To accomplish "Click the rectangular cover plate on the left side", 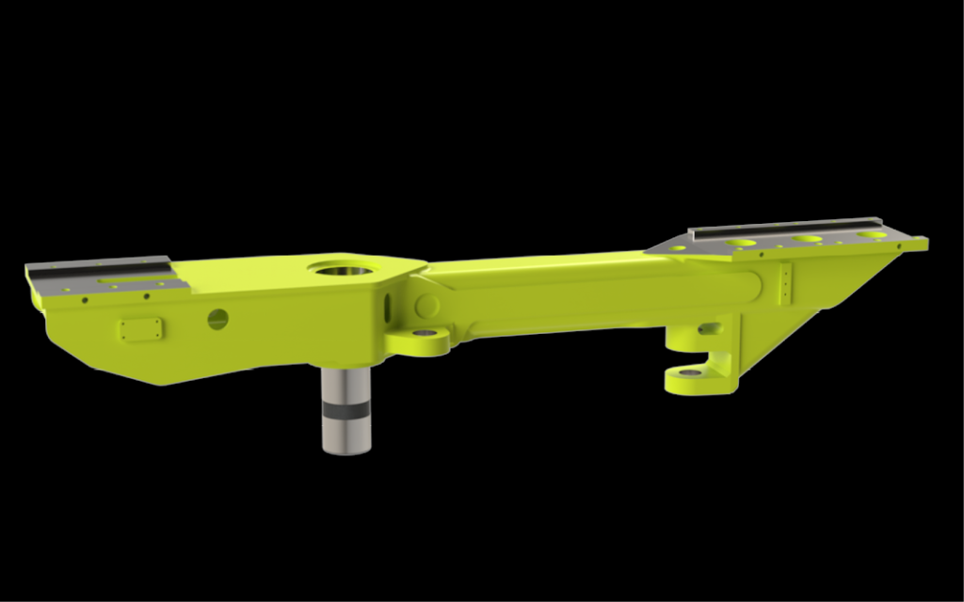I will coord(141,329).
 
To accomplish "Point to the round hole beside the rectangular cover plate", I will coord(217,319).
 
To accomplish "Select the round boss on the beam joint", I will coord(426,306).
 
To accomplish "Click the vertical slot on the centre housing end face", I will coord(385,304).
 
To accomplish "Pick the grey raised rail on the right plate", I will coord(786,226).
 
